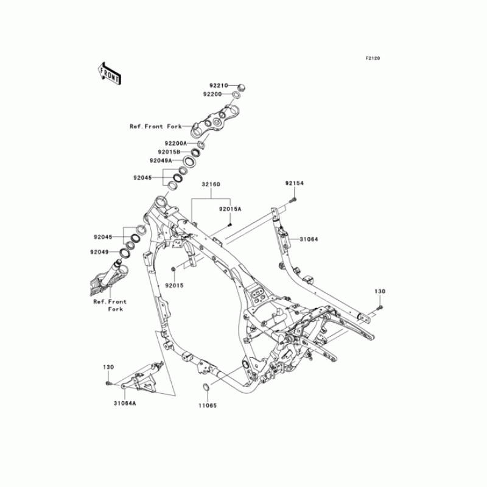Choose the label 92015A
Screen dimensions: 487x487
pos(231,209)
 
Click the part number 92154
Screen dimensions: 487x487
pos(293,183)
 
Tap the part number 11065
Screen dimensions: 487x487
pos(206,405)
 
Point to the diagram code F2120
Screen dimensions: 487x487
pos(373,58)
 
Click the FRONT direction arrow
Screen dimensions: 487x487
pos(109,72)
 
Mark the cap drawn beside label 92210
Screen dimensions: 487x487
pos(240,86)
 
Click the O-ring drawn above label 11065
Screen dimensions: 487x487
pos(206,388)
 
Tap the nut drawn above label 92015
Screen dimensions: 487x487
pos(173,268)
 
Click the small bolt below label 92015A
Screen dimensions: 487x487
pos(231,223)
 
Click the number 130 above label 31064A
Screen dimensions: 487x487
pos(108,368)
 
